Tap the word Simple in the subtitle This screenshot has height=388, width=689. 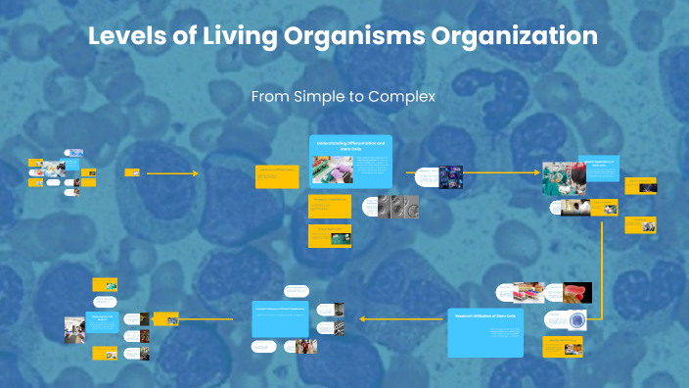click(325, 97)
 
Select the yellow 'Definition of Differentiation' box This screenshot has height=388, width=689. click(276, 174)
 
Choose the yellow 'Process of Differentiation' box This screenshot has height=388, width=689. click(330, 203)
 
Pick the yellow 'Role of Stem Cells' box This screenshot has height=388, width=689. click(330, 235)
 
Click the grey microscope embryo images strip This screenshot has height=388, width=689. click(399, 207)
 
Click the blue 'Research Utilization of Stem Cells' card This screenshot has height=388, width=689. click(485, 333)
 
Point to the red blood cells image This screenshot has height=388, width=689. click(576, 292)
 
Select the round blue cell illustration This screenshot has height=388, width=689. click(575, 319)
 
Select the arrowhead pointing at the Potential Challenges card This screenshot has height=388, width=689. click(363, 318)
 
